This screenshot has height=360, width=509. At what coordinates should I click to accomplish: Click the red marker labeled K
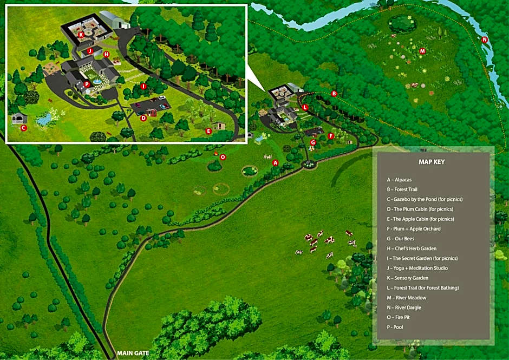click(81, 35)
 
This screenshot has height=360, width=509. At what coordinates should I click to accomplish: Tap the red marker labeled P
click(87, 84)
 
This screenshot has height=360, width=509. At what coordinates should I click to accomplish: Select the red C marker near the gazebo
click(23, 128)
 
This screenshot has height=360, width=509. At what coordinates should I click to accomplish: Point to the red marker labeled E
click(208, 130)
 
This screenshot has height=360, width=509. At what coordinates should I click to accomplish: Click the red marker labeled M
click(423, 51)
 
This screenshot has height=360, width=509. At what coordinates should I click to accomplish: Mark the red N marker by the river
click(485, 40)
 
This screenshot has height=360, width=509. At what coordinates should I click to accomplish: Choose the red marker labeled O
click(223, 157)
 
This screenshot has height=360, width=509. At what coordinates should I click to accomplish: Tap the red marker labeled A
click(275, 162)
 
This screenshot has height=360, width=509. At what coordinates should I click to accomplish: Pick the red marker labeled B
click(334, 94)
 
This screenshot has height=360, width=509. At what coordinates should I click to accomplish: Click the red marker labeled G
click(313, 142)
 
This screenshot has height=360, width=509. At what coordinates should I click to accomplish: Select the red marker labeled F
click(331, 136)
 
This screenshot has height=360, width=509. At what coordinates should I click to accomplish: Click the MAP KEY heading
click(432, 162)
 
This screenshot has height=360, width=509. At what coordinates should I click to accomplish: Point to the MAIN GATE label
click(133, 354)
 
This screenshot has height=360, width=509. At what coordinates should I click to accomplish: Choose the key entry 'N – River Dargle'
click(411, 307)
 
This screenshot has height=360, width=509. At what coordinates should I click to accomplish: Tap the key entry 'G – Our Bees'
click(406, 239)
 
